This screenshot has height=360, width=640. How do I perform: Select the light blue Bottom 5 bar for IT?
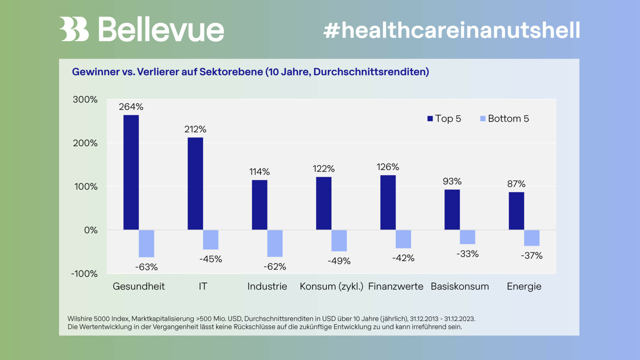click(x=211, y=240)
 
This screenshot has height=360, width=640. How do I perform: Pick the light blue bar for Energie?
click(x=532, y=238)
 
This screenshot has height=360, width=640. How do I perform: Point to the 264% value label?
click(x=131, y=107)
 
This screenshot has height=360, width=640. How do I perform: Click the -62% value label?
click(x=274, y=267)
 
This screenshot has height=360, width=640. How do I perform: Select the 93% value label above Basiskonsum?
click(x=452, y=181)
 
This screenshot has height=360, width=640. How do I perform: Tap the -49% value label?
click(x=339, y=261)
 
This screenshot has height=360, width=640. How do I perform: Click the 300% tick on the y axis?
click(x=85, y=100)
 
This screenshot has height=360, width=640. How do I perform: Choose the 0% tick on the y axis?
click(x=91, y=230)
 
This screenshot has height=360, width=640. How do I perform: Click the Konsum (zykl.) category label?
click(x=331, y=287)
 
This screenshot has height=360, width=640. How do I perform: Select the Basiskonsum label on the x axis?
click(x=459, y=287)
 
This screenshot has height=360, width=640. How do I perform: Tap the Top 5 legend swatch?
click(x=430, y=119)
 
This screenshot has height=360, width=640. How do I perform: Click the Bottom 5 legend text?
click(x=508, y=119)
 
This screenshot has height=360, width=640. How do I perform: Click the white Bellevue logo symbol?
click(x=74, y=29)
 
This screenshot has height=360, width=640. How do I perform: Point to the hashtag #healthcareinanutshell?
click(x=451, y=30)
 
